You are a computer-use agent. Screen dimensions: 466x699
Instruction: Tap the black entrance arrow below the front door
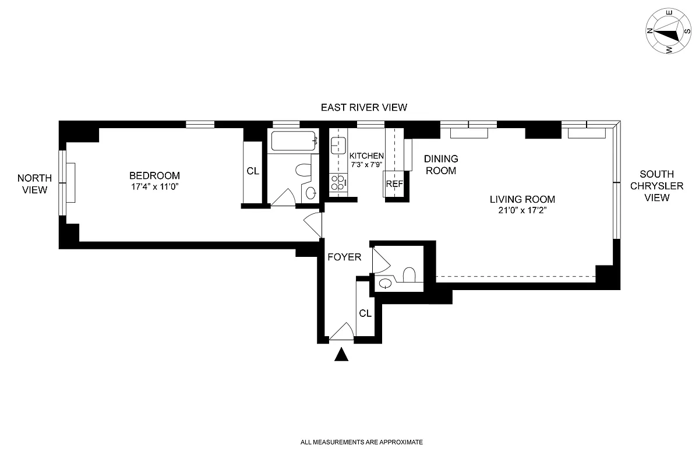(341, 354)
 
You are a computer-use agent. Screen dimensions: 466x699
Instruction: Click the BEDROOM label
(154, 175)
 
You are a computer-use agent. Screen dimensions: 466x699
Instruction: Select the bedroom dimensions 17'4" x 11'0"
(154, 188)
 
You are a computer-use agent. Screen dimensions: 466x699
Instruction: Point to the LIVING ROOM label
(523, 199)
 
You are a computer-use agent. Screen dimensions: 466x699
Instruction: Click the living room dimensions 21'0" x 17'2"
(523, 210)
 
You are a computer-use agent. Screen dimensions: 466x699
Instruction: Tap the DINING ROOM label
(440, 165)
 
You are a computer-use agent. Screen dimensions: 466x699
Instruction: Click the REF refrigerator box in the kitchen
(394, 183)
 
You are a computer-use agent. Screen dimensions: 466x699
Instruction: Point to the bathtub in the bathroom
(294, 140)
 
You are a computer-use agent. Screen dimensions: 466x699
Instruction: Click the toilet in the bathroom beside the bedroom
(303, 170)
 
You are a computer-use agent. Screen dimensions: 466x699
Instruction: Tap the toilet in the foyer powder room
(409, 274)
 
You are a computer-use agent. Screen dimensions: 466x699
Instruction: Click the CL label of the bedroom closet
(252, 171)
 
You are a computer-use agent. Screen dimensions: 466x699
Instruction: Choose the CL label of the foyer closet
(365, 313)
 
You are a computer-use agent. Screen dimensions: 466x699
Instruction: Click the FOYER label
(344, 257)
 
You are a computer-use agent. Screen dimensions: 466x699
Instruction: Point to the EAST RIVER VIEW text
(364, 107)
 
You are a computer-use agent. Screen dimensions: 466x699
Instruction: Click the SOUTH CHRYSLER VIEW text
(657, 186)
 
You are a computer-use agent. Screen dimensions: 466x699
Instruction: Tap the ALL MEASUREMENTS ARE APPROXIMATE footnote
(361, 443)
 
